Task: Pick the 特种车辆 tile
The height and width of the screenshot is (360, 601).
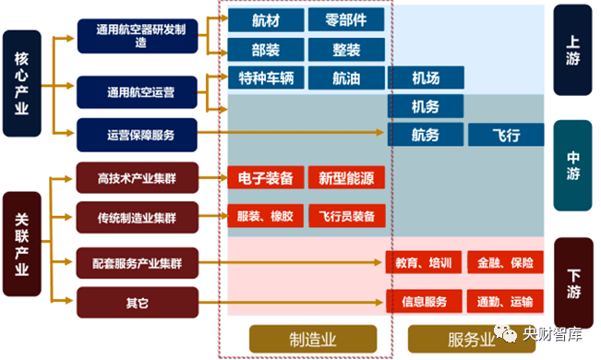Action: pyautogui.click(x=265, y=78)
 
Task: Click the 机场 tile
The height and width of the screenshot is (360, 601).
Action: pyautogui.click(x=425, y=78)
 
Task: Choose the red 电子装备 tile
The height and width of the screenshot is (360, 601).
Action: pyautogui.click(x=265, y=178)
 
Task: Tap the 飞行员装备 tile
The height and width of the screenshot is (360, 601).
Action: pyautogui.click(x=346, y=217)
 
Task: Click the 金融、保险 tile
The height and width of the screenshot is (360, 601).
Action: pyautogui.click(x=505, y=263)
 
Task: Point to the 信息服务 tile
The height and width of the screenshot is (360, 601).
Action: pyautogui.click(x=425, y=301)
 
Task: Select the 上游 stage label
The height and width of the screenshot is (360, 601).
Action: pyautogui.click(x=572, y=50)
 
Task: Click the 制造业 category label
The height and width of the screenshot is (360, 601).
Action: pyautogui.click(x=312, y=338)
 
